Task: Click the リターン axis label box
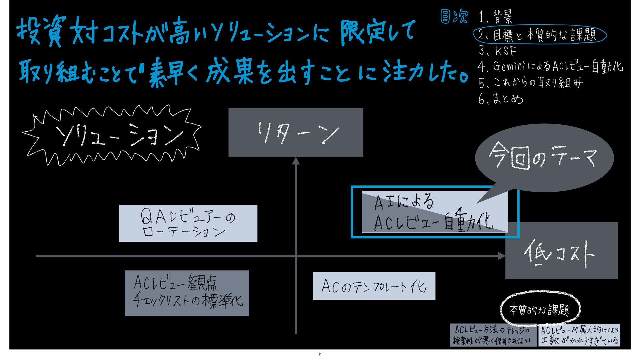coord(296,132)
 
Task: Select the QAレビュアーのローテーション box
coord(188,223)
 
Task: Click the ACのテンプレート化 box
coord(374,286)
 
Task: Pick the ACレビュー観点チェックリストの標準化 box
coord(187,293)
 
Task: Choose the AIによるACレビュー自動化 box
coord(435,212)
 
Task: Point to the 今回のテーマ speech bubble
coord(544,157)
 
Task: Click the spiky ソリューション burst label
coord(113,135)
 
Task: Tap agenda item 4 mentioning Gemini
coord(550,66)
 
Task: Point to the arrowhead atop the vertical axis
coord(296,161)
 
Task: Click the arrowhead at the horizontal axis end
coord(501,256)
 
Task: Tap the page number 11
coord(320,354)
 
